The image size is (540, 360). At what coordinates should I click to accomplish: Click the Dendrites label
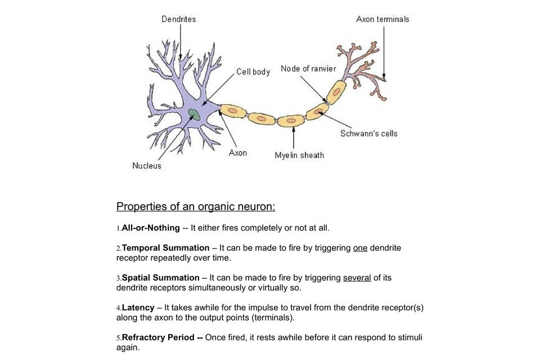[x=178, y=19]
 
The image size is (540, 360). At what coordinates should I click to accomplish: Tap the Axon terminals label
[x=382, y=19]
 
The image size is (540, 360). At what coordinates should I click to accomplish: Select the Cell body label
[x=253, y=71]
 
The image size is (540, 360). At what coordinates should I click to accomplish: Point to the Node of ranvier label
[x=308, y=69]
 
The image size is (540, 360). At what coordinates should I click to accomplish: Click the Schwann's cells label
[x=368, y=133]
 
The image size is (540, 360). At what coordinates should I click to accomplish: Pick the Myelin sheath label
[x=299, y=155]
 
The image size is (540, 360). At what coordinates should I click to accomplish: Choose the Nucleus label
[x=147, y=165]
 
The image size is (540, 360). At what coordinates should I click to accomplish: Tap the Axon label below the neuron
[x=237, y=152]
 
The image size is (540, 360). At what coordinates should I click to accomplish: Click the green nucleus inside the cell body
[x=194, y=115]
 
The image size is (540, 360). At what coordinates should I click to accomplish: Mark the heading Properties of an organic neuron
[x=196, y=206]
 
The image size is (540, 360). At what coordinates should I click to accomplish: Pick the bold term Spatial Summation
[x=161, y=277]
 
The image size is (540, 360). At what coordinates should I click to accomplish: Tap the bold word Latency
[x=138, y=308]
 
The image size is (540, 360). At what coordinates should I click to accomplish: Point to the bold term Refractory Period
[x=162, y=337]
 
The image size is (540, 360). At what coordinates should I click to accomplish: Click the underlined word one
[x=360, y=247]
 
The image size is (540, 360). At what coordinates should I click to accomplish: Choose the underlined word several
[x=357, y=277]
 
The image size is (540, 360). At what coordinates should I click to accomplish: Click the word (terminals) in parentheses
[x=275, y=317]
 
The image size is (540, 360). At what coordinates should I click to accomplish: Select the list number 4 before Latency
[x=118, y=308]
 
